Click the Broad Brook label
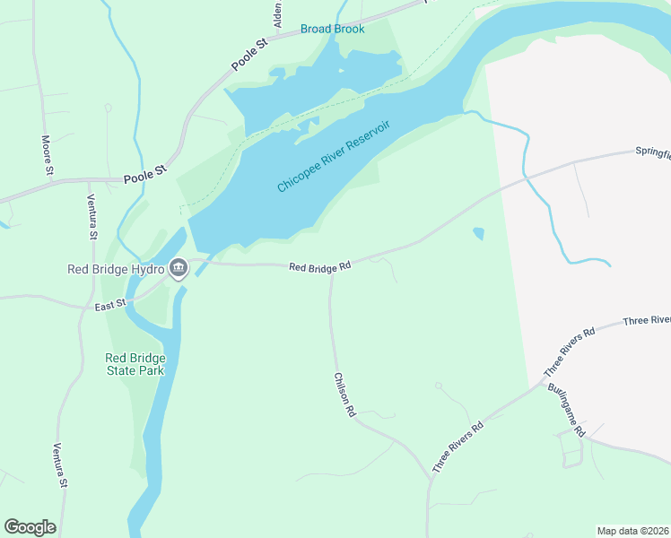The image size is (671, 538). coord(332,29)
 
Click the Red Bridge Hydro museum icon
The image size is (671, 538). coord(179,268)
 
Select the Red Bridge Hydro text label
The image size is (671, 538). coord(117,268)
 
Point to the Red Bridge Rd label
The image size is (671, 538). coord(318,266)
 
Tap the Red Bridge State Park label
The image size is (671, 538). coord(135,364)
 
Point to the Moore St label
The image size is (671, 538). coord(48,155)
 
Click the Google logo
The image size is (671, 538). coord(30,526)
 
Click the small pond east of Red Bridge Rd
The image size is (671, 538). coord(478,234)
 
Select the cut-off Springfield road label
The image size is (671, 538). coord(652,152)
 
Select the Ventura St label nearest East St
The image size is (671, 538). coord(91,217)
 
